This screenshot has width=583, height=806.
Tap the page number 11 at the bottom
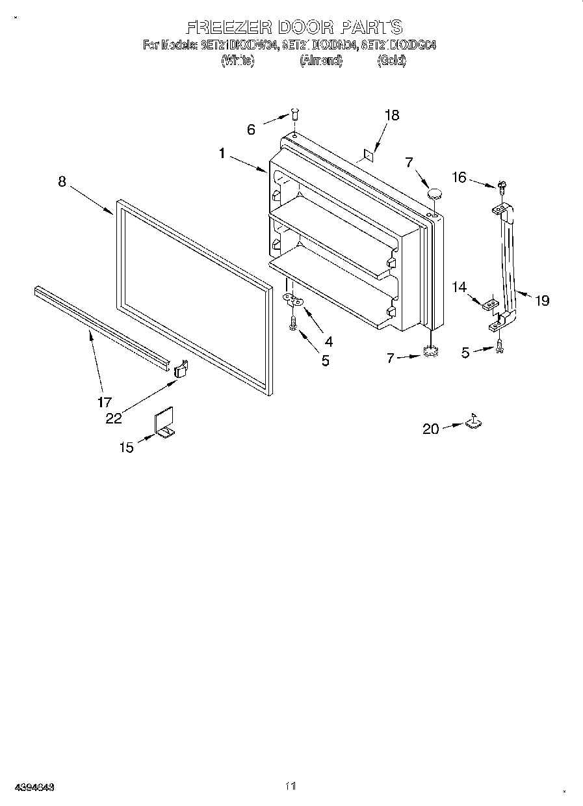[290, 786]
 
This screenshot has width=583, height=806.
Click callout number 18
[391, 115]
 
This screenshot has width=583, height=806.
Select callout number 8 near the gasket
[62, 181]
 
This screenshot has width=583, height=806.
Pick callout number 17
[105, 401]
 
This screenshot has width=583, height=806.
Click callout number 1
[222, 154]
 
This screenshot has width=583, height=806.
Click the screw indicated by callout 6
[294, 116]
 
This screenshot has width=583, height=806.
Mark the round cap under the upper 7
[434, 193]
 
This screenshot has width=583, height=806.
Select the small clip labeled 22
[181, 369]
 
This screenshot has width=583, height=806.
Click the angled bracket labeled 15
[164, 423]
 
